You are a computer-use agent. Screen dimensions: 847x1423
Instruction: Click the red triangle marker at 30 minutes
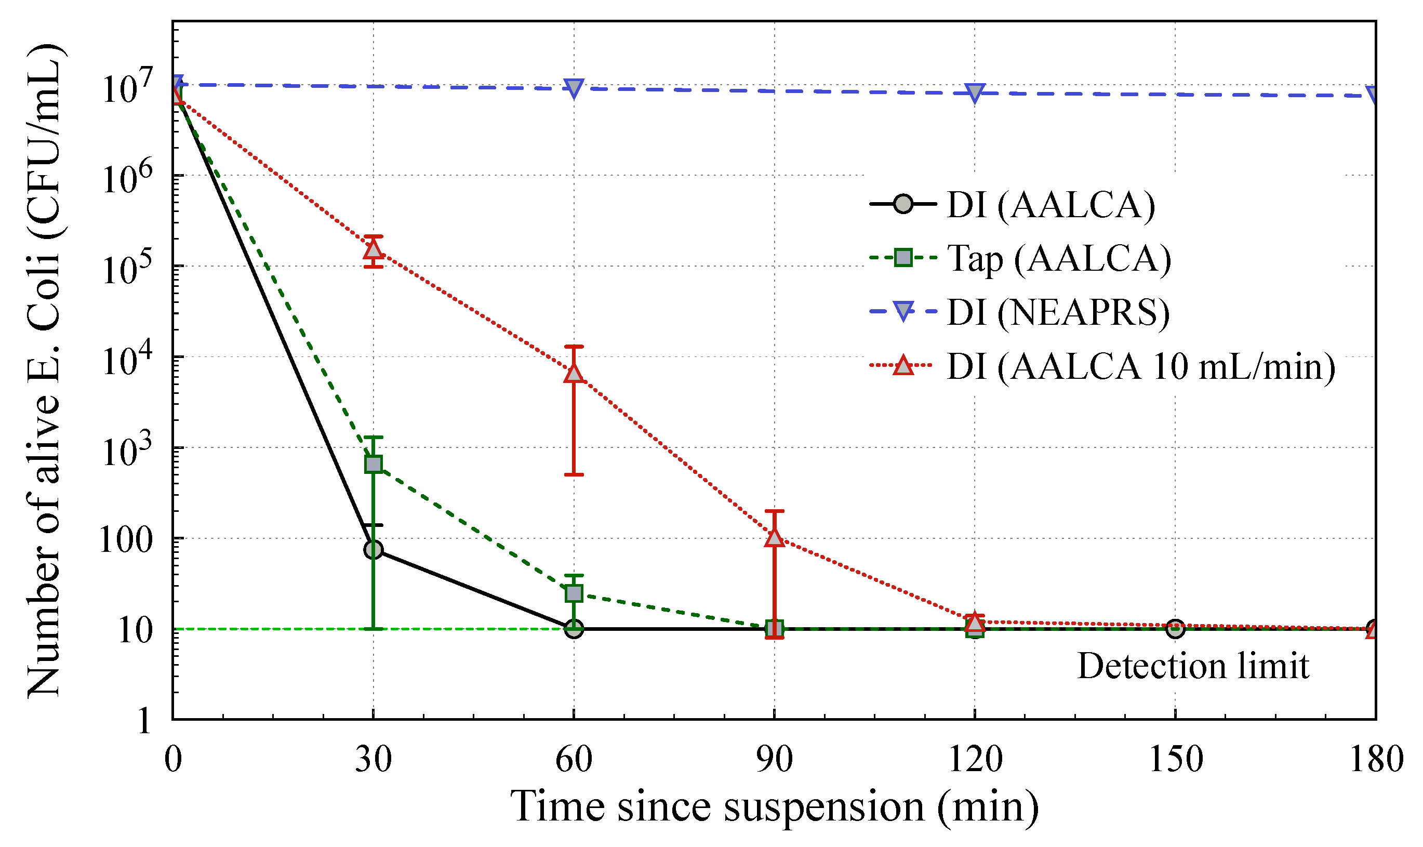373,249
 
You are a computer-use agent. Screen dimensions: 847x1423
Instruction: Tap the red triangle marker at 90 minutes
774,538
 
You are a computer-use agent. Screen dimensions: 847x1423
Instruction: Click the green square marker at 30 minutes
373,464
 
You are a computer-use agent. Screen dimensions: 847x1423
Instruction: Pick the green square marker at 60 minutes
574,593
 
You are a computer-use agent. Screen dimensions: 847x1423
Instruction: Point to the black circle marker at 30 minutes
373,550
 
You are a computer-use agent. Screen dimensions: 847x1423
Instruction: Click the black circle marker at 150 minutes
1175,629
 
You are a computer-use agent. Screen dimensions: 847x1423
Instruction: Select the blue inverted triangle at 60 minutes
574,88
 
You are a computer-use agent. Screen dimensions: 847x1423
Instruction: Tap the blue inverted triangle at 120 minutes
975,92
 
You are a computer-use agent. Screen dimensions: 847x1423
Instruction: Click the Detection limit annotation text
1192,666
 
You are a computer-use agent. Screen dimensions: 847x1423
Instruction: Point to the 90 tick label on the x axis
774,760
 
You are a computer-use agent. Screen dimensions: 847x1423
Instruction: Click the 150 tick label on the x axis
1175,760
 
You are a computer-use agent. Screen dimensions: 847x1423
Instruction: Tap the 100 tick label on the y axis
126,539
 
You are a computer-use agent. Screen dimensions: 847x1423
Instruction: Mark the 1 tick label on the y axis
144,721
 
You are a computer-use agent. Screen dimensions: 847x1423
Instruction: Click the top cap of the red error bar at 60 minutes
574,347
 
